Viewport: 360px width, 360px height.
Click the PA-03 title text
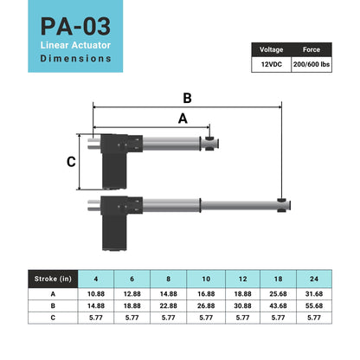75,26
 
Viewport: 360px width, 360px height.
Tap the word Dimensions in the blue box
75,58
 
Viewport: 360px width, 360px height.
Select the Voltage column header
271,49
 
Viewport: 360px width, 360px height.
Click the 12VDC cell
272,64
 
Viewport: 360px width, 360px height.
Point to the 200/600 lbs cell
312,64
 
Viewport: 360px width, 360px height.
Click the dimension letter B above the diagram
187,98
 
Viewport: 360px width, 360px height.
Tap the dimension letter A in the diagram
183,119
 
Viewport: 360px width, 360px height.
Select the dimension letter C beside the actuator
71,162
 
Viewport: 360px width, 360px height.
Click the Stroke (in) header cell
53,279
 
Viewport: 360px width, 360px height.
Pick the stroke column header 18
278,279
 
